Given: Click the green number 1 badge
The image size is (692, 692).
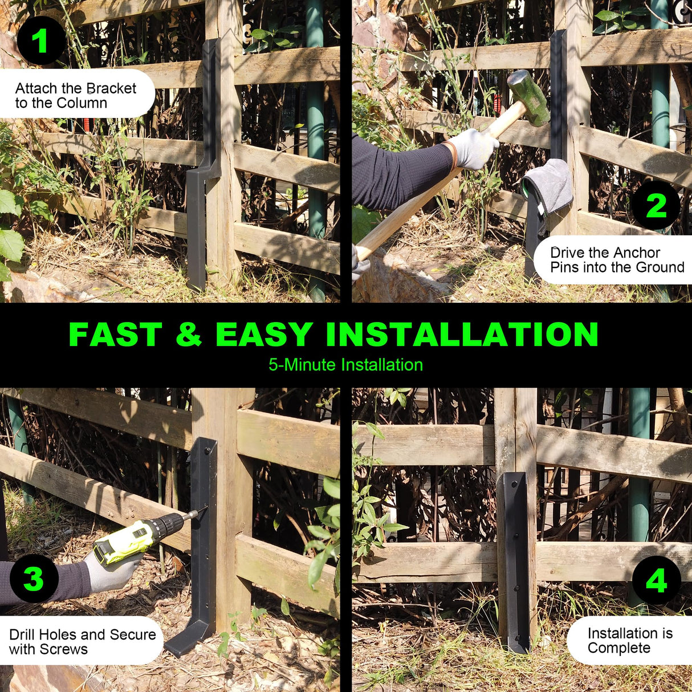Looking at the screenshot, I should (x=40, y=40).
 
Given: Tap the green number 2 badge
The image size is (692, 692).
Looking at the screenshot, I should (x=656, y=205).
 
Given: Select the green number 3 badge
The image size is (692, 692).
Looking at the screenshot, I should (x=34, y=578).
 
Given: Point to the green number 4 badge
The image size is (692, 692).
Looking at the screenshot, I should (x=657, y=580).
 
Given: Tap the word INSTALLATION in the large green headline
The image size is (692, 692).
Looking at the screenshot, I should (x=462, y=335).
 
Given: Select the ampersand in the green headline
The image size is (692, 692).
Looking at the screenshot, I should (x=189, y=335).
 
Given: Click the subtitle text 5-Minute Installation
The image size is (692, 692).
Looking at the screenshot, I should (x=345, y=365).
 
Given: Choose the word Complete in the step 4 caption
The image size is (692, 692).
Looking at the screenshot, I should (x=618, y=648).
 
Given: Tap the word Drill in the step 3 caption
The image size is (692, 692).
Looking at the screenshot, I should (x=23, y=634).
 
